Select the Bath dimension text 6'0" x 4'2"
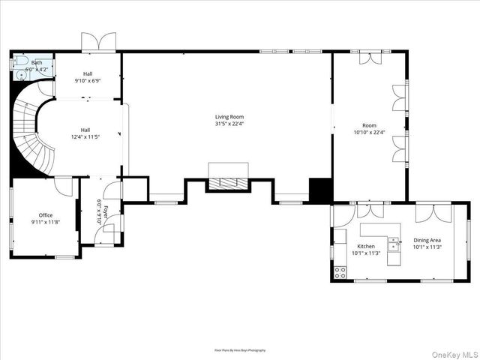click(37, 69)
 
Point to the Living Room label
click(229, 116)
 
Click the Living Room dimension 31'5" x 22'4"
click(229, 124)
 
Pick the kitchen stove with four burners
click(340, 271)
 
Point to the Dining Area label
click(427, 240)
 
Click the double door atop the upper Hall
click(99, 41)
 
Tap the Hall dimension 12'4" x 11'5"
click(85, 137)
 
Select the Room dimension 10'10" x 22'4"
click(369, 133)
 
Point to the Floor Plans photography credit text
click(240, 349)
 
